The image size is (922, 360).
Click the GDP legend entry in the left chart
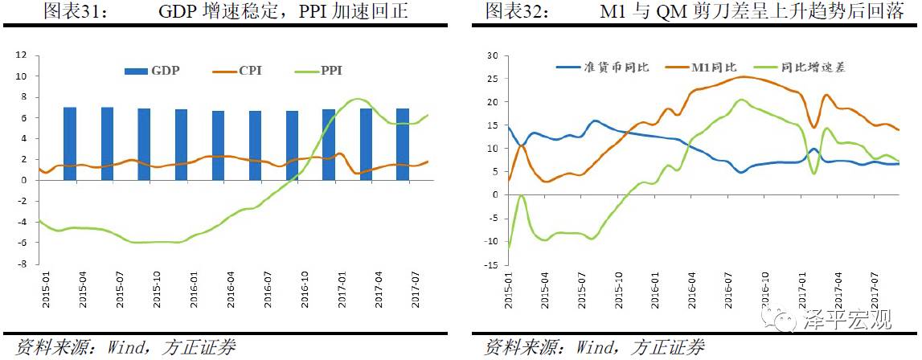coord(152,71)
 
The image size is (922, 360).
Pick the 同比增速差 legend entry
coord(800,67)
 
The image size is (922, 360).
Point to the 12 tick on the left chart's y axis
coord(22,55)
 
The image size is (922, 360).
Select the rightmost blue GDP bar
coord(403,144)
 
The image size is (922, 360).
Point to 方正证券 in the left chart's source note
coord(197,348)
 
